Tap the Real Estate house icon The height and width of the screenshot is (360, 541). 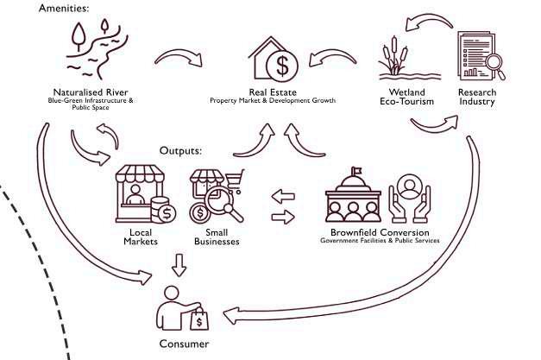click(x=279, y=59)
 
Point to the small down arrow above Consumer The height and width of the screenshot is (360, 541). click(x=178, y=262)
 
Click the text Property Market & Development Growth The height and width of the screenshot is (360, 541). click(x=272, y=101)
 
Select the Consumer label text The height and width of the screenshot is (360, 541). click(x=183, y=343)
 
